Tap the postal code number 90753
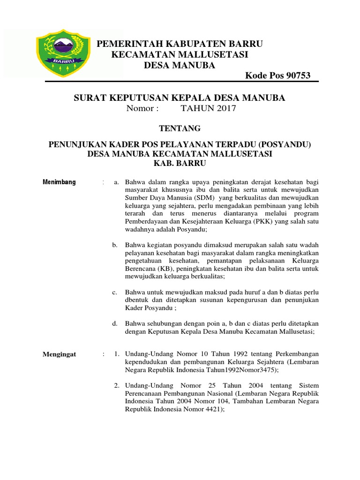(x=296, y=76)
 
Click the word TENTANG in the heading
(x=180, y=128)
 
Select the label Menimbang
(x=59, y=182)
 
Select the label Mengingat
(x=60, y=354)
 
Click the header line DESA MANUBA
(x=179, y=65)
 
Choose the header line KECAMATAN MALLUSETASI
(x=180, y=55)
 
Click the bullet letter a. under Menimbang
(x=116, y=182)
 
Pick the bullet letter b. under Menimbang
(x=115, y=245)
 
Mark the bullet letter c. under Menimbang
(x=115, y=292)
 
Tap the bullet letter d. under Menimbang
(x=115, y=323)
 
